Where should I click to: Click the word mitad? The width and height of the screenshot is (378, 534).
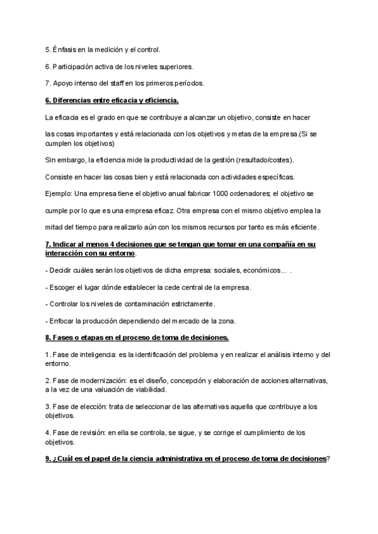coord(55,227)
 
